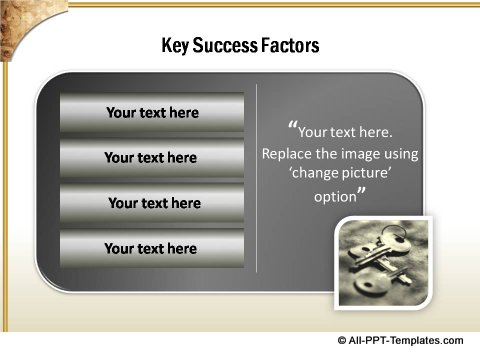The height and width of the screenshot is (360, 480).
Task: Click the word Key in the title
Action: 176,46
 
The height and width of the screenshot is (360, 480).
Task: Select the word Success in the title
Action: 228,46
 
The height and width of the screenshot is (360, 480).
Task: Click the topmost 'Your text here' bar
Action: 152,113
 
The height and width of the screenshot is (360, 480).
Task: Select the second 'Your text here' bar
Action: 151,158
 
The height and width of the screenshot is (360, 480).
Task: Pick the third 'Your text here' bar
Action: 153,203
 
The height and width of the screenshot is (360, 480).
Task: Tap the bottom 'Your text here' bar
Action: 151,248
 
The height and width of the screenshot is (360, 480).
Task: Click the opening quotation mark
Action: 292,127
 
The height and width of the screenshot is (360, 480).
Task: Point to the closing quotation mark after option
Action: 361,193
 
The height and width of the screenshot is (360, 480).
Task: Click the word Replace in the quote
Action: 288,154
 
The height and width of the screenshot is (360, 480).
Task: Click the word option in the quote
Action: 334,196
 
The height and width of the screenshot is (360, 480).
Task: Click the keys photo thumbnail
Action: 383,263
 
